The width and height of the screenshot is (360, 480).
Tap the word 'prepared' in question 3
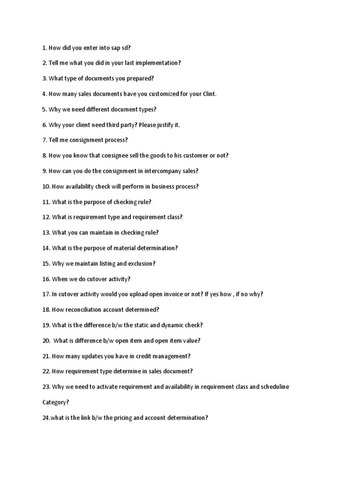click(x=142, y=78)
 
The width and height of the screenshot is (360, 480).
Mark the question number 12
click(x=46, y=217)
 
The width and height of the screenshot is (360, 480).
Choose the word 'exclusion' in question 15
click(x=142, y=263)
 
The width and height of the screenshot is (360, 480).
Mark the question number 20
click(x=46, y=341)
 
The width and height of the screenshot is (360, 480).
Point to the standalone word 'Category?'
click(x=56, y=402)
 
